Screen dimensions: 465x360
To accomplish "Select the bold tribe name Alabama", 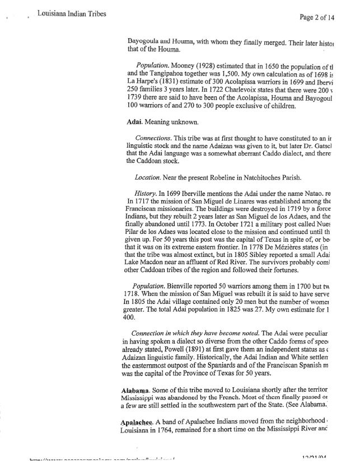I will [x=138, y=389].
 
